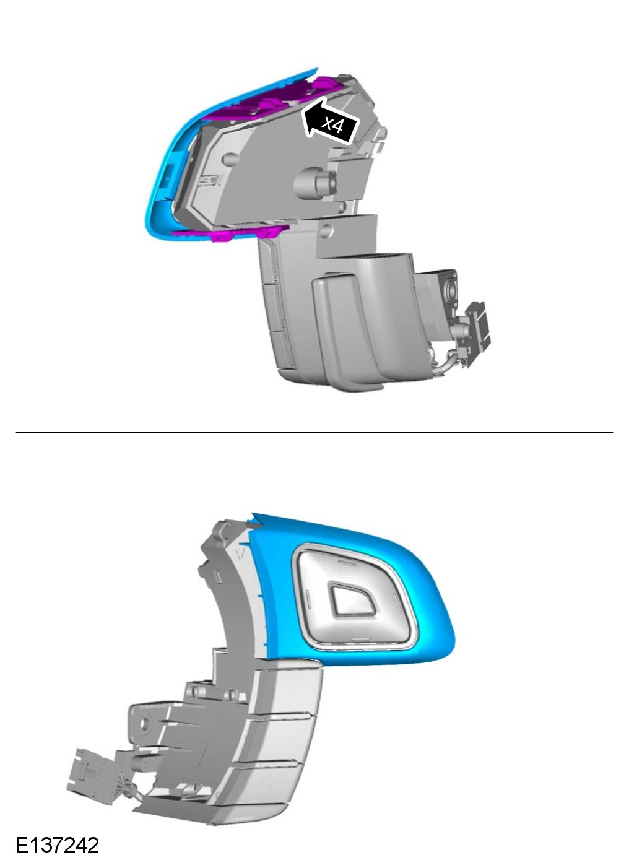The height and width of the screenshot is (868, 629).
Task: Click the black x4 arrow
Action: (x=330, y=122)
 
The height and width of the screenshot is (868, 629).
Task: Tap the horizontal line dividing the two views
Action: (x=314, y=432)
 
